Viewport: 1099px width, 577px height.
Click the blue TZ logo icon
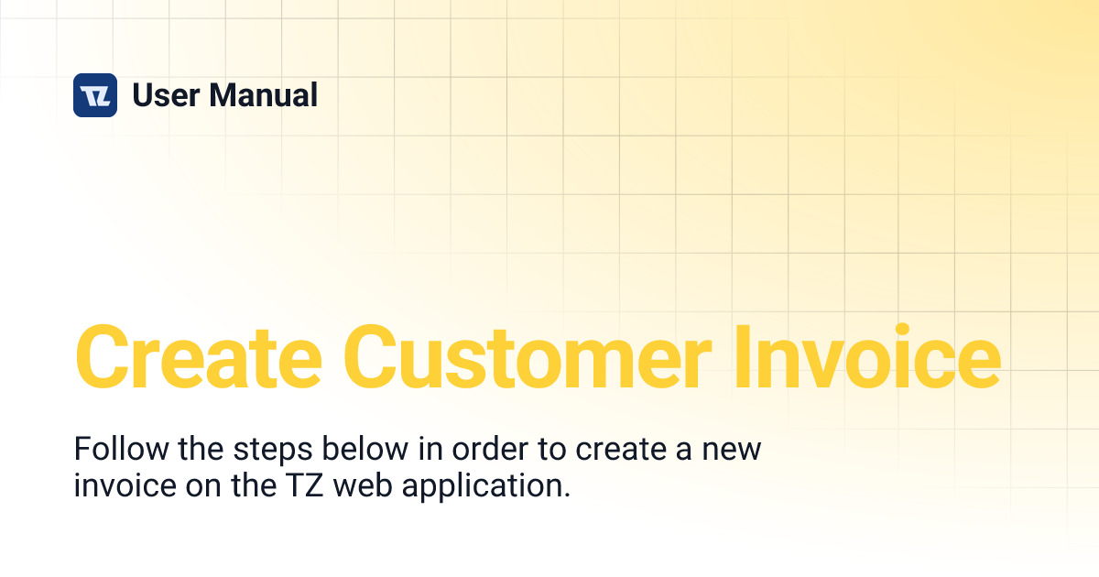(95, 95)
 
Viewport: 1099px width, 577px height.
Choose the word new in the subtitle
(731, 451)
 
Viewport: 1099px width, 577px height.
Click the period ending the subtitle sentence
(566, 493)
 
